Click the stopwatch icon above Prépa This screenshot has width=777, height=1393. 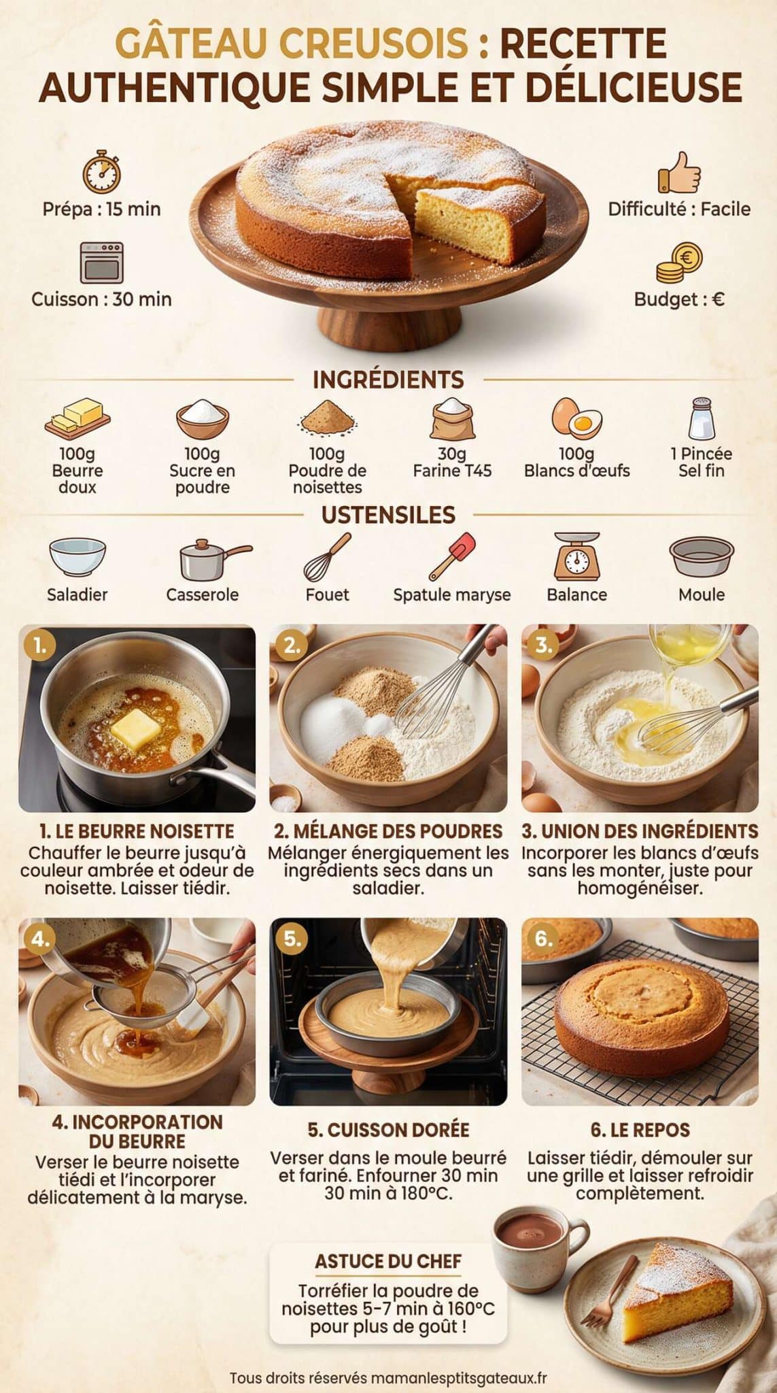(x=101, y=173)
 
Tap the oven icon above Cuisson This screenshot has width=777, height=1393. (x=102, y=262)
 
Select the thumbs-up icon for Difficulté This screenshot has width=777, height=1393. (x=678, y=173)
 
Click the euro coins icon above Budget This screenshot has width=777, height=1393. (x=679, y=264)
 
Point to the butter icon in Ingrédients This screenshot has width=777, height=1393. (x=77, y=417)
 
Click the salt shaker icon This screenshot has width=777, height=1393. (x=702, y=418)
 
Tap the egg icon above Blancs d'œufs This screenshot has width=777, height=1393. (x=576, y=418)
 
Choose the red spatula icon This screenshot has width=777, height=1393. (x=453, y=555)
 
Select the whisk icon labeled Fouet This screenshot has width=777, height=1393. (x=327, y=556)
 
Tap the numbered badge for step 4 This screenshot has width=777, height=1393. (x=40, y=939)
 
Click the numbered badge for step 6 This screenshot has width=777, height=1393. (x=543, y=939)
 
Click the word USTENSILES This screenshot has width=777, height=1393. (x=388, y=515)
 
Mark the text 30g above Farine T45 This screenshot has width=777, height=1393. (x=451, y=454)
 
